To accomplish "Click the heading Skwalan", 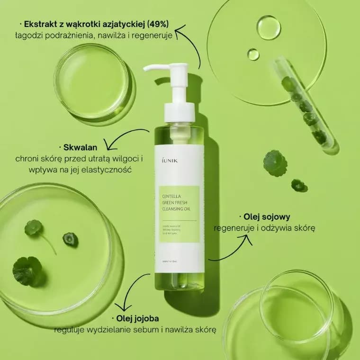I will coord(77,147).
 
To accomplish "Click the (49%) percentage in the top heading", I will coord(158,23).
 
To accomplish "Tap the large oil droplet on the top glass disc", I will coord(269,27).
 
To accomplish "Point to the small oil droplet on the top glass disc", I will coord(253,54).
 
